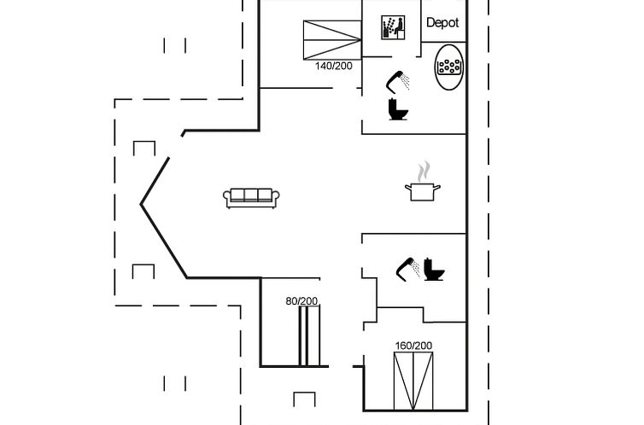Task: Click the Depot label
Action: tap(442, 22)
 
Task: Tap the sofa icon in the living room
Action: tap(251, 198)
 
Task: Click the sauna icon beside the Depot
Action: tap(393, 27)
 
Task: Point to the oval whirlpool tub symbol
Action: tap(449, 67)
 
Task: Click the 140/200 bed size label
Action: tap(333, 66)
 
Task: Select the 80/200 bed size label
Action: tap(302, 301)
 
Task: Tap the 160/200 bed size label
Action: tap(413, 346)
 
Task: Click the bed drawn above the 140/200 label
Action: tap(332, 40)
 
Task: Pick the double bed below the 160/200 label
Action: tap(413, 381)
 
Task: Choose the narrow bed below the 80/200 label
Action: tap(309, 335)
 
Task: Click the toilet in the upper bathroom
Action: tap(398, 109)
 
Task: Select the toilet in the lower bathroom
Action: tap(434, 270)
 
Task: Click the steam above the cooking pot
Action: tap(424, 172)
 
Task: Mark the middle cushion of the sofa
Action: tap(251, 195)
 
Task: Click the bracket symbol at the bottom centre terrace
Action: tap(304, 399)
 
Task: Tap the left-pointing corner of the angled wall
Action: tap(141, 204)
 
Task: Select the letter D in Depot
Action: tap(430, 22)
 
